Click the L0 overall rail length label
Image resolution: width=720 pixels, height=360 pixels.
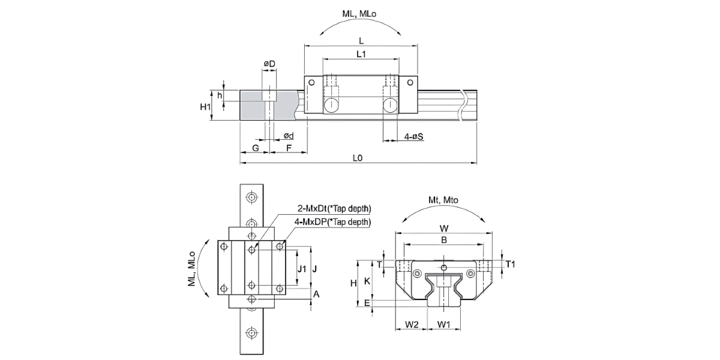[358, 158]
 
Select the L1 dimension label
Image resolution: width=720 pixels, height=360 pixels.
[361, 54]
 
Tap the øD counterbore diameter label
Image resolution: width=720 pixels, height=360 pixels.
[269, 64]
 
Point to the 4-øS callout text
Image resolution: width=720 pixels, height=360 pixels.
[413, 137]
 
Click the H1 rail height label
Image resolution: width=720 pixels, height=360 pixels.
[205, 106]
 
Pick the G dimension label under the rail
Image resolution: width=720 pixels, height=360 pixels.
[255, 147]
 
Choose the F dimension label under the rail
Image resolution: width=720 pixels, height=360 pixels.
[289, 147]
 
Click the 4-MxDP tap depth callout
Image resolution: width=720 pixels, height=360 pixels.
[332, 222]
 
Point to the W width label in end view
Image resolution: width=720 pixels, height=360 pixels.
[443, 228]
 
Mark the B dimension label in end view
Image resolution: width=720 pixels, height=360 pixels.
[443, 240]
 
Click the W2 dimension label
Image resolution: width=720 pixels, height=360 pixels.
[411, 325]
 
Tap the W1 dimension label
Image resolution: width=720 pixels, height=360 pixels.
[444, 325]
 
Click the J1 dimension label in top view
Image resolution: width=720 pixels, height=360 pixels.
[302, 268]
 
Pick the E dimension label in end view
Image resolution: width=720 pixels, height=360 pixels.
[367, 304]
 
